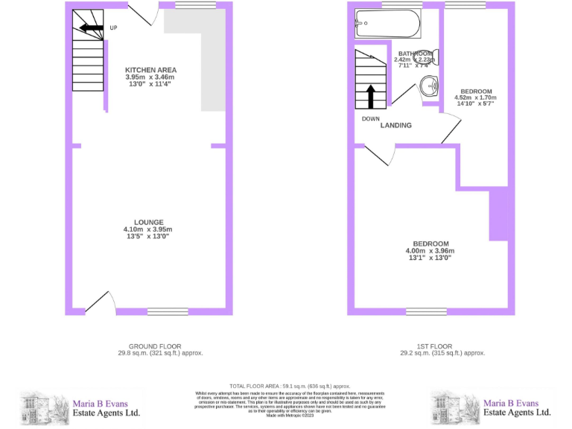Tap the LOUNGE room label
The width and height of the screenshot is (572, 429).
[x=147, y=222]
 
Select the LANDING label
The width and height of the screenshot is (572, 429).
[x=395, y=125]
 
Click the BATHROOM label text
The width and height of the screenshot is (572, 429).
[x=414, y=54]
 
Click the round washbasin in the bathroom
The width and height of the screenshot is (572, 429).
[x=430, y=89]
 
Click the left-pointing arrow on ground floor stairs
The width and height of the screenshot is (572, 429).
[x=91, y=29]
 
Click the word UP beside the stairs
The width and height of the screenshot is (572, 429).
[x=113, y=29]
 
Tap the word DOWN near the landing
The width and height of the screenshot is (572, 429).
[x=371, y=119]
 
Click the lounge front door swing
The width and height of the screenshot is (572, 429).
[x=100, y=302]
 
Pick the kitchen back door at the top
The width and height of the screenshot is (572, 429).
[x=142, y=12]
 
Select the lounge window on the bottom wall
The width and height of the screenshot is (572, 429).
[x=168, y=311]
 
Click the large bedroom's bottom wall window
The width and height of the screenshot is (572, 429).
[x=426, y=311]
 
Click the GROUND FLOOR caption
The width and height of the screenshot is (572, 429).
[x=154, y=346]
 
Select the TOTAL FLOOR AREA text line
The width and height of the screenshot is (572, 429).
[x=290, y=387]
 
